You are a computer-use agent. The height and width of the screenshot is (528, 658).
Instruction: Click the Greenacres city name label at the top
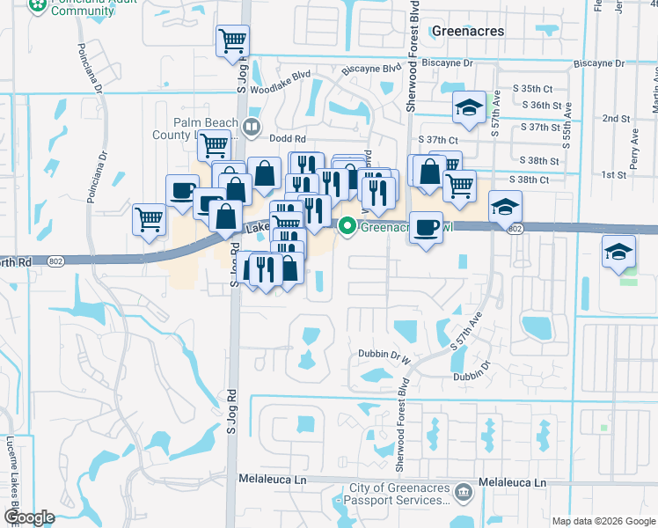[469, 31]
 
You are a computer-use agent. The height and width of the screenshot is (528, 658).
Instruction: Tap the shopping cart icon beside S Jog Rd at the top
[232, 40]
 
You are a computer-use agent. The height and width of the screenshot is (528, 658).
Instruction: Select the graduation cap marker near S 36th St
[469, 108]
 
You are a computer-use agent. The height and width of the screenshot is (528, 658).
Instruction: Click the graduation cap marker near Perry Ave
[618, 252]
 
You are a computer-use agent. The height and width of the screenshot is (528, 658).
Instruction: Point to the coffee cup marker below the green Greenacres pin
[426, 227]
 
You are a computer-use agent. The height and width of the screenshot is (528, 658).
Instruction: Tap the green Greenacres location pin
[347, 226]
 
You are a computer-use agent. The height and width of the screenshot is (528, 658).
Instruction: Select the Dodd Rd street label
[288, 138]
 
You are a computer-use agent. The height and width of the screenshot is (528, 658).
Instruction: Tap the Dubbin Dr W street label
[385, 356]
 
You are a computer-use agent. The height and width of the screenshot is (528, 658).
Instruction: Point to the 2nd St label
[616, 118]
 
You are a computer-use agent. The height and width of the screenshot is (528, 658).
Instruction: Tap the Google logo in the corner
[29, 517]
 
